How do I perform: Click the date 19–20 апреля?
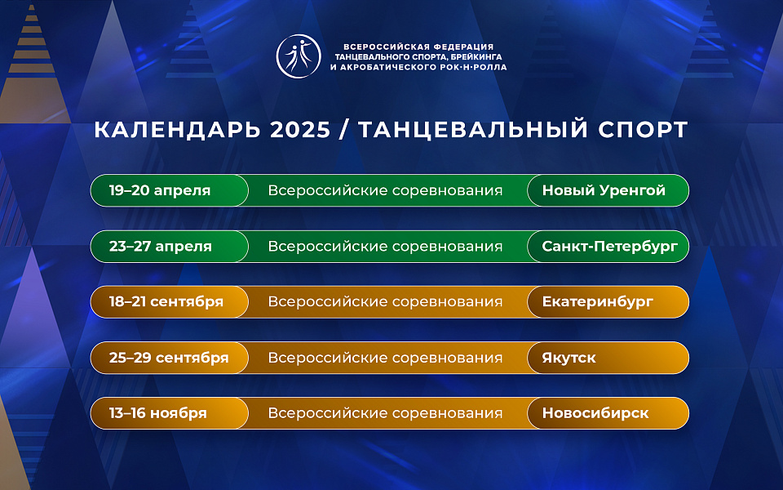160,191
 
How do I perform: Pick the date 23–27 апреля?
161,247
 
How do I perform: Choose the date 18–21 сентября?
166,302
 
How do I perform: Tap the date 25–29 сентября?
169,358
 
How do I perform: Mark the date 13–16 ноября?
158,413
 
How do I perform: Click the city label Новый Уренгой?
604,191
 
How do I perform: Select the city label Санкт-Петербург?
609,247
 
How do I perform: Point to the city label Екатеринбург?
598,302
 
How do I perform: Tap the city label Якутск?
568,358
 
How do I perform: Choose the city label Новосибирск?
595,413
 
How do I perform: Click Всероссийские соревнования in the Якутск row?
385,358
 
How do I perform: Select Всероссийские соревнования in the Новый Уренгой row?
385,191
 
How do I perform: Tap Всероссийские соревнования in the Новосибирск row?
385,413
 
